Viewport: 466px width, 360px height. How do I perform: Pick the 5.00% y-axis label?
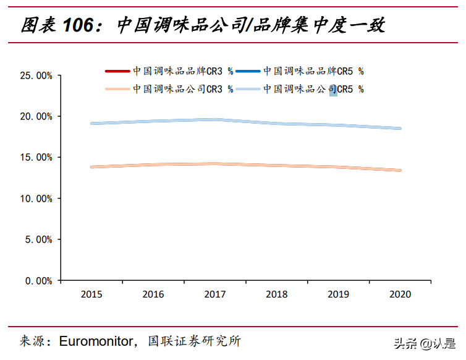click(38, 239)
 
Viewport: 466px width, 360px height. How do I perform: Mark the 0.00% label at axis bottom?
click(38, 280)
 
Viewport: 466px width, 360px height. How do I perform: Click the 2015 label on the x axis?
click(91, 294)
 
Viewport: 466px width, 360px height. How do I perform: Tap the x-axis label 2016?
click(153, 294)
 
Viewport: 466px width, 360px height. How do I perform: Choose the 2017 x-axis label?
click(215, 294)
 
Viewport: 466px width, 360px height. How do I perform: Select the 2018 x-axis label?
click(277, 294)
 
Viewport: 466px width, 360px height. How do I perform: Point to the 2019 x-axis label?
click(339, 294)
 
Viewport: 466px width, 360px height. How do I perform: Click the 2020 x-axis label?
click(400, 294)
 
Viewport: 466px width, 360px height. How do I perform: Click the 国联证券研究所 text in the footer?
click(194, 341)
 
